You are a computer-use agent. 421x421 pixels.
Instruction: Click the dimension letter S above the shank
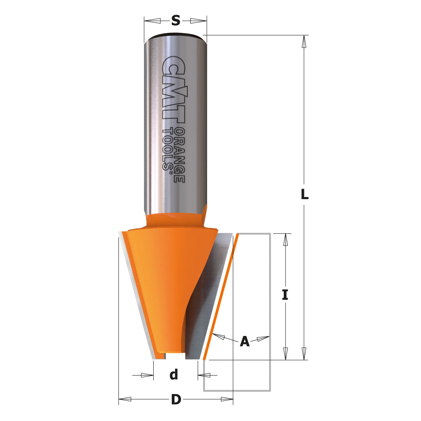(x=176, y=20)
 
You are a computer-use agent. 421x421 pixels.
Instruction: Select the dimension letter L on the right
(x=304, y=195)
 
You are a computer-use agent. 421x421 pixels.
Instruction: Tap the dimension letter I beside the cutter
(x=285, y=295)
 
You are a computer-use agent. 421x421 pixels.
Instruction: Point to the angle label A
(x=245, y=341)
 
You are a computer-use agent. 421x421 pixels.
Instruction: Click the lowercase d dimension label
(x=174, y=374)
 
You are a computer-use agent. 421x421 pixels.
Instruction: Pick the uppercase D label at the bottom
(x=176, y=399)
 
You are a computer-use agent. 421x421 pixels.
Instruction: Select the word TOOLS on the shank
(x=168, y=149)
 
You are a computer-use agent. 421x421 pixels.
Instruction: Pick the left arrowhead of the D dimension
(x=125, y=399)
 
